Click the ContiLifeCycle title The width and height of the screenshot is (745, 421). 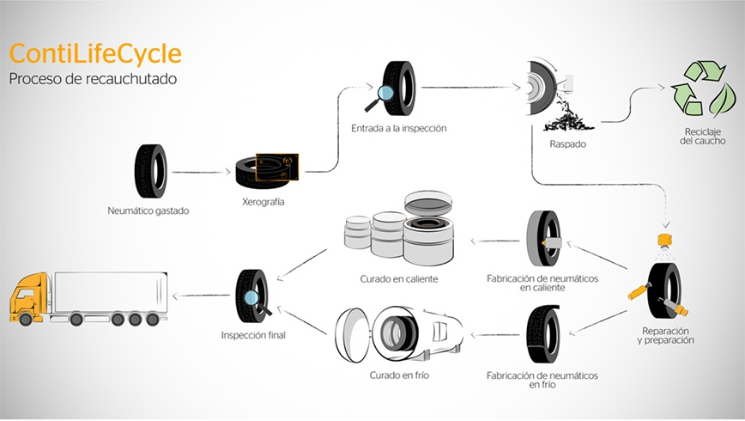(95, 54)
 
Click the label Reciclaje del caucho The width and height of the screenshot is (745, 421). (702, 137)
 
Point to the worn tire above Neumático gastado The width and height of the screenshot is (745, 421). (150, 171)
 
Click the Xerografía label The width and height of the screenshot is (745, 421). (263, 202)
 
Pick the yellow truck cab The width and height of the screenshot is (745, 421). (31, 300)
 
